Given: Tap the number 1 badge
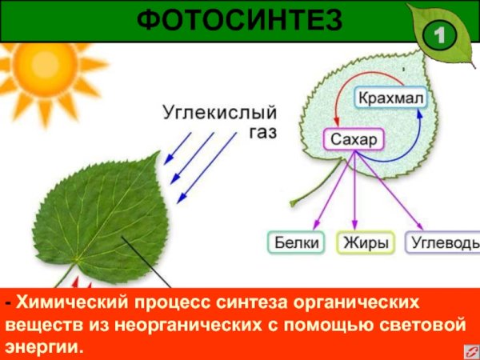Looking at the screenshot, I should point(439,35).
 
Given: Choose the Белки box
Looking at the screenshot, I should point(295,242).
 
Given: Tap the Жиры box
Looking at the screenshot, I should point(366,242).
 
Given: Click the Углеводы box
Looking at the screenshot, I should point(444,242).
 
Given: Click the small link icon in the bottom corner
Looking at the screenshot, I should point(467,350).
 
